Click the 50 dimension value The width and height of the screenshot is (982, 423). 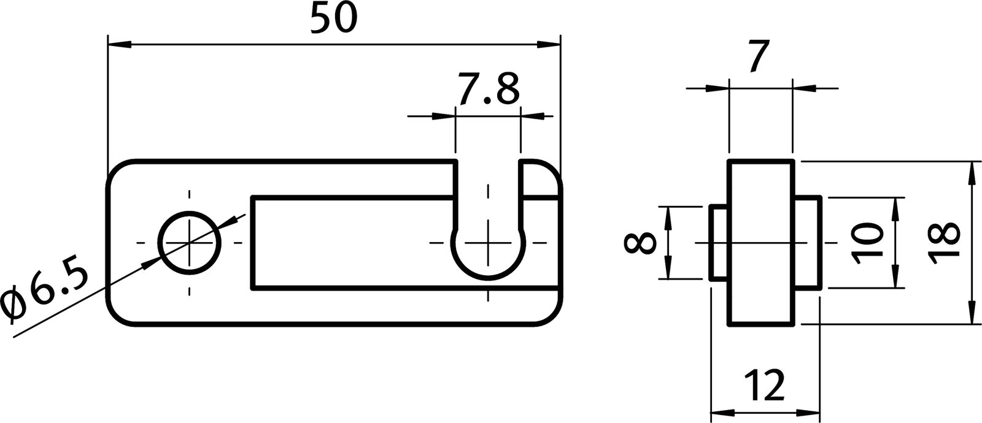(x=333, y=19)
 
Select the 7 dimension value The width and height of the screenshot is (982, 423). (x=759, y=59)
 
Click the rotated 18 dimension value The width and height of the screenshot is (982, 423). (x=943, y=243)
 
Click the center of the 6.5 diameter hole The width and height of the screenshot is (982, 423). (x=190, y=242)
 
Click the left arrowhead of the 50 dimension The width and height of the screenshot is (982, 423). (x=119, y=44)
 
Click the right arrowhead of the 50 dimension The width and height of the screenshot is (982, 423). (x=548, y=44)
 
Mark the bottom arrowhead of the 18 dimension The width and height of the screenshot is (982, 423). (x=972, y=313)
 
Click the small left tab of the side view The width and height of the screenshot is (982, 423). (x=719, y=243)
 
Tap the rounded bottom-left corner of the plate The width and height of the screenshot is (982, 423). (x=120, y=313)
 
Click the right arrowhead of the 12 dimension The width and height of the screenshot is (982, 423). (x=810, y=413)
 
